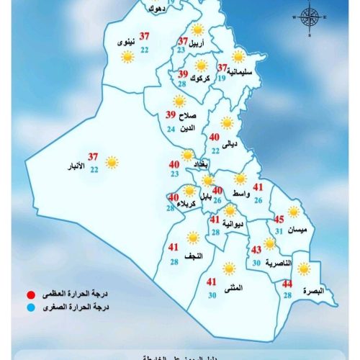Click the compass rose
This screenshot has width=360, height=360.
coord(309,18)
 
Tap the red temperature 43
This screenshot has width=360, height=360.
coord(256,251)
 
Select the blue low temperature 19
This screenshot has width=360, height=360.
coord(221,78)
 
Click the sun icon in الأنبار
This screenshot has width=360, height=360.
coord(112,163)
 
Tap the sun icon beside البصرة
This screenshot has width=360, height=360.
coord(305,269)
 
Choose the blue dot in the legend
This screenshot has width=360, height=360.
coord(30,307)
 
